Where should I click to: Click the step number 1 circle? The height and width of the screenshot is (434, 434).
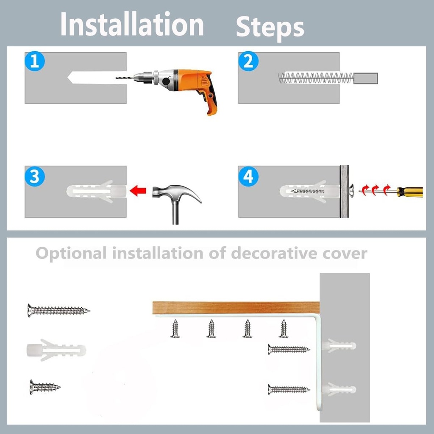(x=35, y=61)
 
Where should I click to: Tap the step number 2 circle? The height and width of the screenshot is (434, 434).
(x=248, y=61)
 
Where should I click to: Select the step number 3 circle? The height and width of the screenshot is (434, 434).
(x=35, y=176)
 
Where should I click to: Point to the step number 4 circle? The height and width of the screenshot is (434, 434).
(x=248, y=176)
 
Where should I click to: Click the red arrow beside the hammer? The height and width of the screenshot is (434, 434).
(x=138, y=191)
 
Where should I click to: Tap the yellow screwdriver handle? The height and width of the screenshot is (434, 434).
(x=410, y=192)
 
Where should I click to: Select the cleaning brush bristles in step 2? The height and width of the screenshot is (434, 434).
(x=315, y=78)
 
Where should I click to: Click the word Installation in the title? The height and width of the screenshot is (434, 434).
(x=132, y=24)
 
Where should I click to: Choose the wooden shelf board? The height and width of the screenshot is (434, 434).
(x=236, y=308)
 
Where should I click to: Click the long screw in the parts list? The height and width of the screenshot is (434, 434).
(x=58, y=310)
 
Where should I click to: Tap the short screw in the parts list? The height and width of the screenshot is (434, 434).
(x=45, y=387)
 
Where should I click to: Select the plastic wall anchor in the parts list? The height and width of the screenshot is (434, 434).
(x=56, y=350)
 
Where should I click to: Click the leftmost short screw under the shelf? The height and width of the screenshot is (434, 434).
(x=175, y=328)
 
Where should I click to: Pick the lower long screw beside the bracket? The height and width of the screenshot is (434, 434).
(x=289, y=389)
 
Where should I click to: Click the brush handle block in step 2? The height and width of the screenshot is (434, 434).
(x=366, y=78)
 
